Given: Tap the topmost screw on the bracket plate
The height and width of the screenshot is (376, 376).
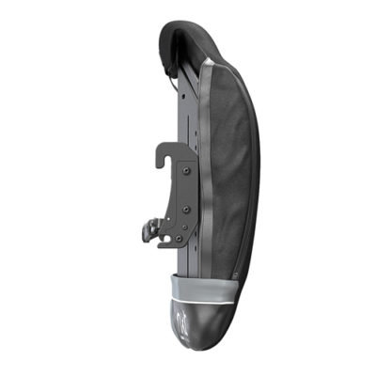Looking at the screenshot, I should (x=185, y=171).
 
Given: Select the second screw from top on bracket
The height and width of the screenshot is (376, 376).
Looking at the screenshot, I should (x=185, y=209).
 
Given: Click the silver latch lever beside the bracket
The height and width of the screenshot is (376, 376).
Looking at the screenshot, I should (x=148, y=227).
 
